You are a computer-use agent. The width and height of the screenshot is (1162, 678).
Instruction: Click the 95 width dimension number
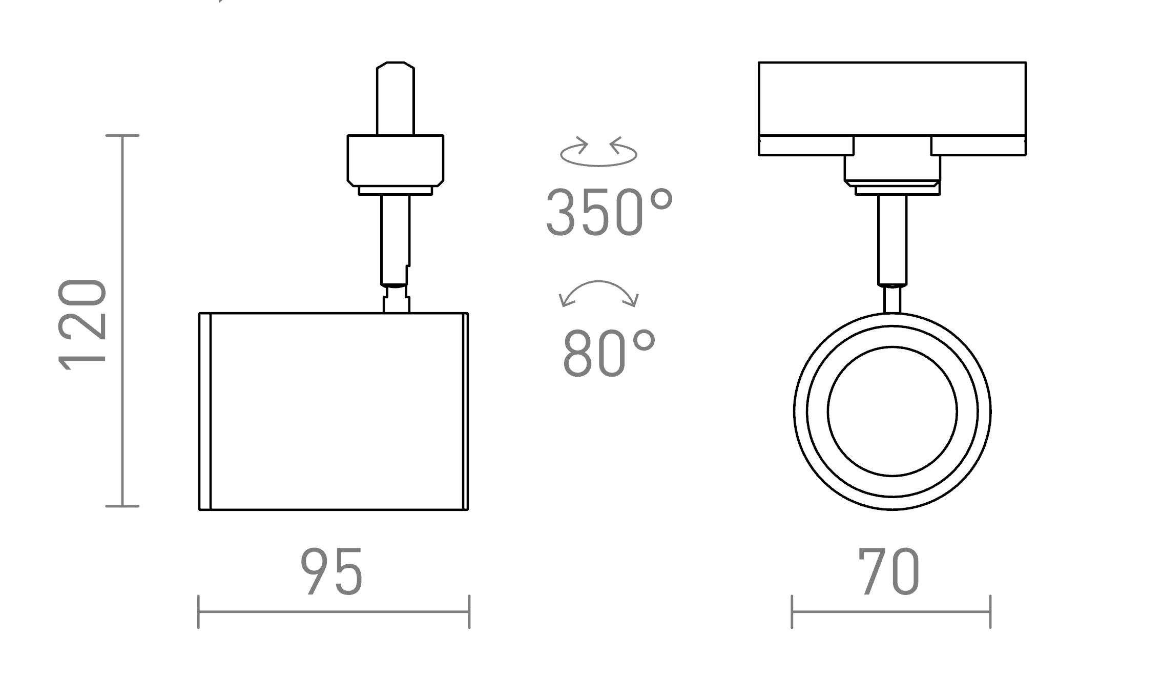tap(332, 572)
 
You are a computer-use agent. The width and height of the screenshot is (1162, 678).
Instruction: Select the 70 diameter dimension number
tap(890, 572)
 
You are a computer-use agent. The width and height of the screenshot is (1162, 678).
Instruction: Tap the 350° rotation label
tap(609, 213)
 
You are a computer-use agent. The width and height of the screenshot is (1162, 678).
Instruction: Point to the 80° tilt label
tap(609, 353)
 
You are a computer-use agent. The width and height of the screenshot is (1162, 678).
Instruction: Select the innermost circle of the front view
tap(892, 412)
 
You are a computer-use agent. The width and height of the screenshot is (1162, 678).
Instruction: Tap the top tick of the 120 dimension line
tap(122, 135)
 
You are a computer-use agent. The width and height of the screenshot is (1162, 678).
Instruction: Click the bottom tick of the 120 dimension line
tap(122, 506)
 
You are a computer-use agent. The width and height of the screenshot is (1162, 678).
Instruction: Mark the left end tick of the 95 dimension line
tap(198, 611)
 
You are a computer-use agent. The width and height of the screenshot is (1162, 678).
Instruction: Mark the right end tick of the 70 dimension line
tap(990, 611)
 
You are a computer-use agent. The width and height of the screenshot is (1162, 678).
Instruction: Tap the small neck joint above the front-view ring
tap(892, 300)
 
